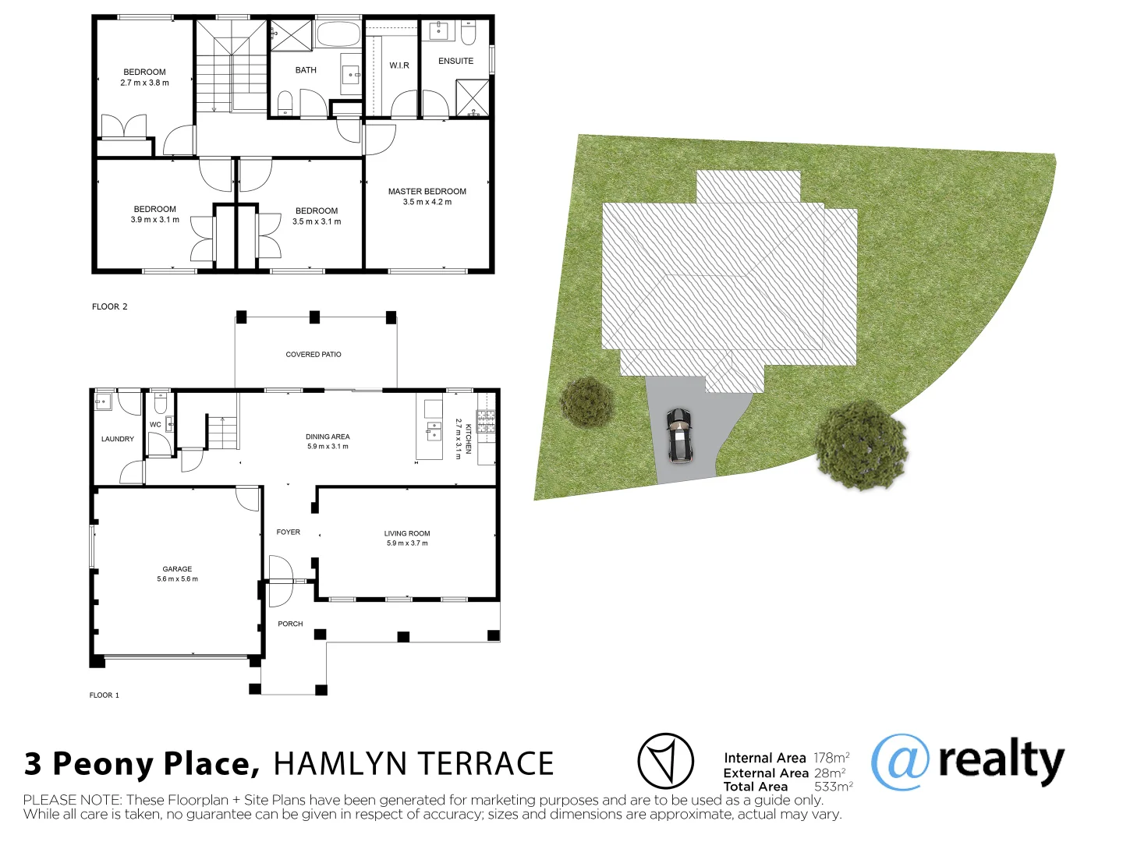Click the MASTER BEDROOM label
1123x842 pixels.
click(x=427, y=191)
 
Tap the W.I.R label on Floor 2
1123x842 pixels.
click(x=399, y=65)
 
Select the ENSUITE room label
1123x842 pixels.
click(x=455, y=61)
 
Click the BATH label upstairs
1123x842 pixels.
click(x=306, y=70)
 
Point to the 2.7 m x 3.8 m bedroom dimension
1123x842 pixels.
click(x=144, y=83)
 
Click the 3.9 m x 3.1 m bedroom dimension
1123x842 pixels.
click(x=154, y=220)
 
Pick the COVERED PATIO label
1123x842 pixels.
click(x=314, y=355)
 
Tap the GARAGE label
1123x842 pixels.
click(x=177, y=569)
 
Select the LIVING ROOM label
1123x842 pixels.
click(x=406, y=533)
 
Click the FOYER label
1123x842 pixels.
click(x=288, y=532)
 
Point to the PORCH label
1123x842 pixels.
click(x=290, y=624)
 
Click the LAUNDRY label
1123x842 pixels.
click(x=118, y=439)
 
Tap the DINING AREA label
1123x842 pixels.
click(x=328, y=437)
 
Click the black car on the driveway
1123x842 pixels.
click(x=679, y=435)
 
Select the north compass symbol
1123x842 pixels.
click(x=665, y=761)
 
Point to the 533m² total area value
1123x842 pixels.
click(x=833, y=787)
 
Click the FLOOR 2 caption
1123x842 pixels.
click(x=109, y=306)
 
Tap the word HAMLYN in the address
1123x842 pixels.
click(x=335, y=764)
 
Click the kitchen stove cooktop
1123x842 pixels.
click(x=485, y=422)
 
